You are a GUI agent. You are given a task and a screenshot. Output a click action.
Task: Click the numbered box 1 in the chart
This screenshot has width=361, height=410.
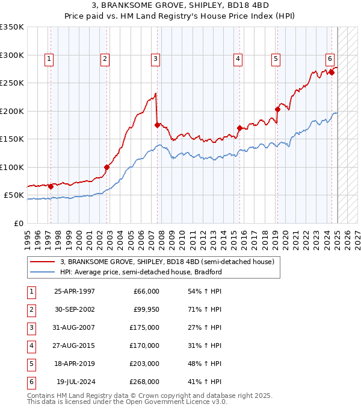49,58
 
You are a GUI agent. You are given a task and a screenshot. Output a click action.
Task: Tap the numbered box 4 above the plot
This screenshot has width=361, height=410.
238,58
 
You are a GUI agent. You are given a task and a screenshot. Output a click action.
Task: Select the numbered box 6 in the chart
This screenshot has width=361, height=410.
330,58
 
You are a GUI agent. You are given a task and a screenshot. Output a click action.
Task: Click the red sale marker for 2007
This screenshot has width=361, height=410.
158,125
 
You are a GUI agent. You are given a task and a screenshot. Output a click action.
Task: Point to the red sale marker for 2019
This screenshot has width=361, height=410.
277,110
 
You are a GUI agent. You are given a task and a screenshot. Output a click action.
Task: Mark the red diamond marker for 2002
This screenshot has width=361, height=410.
106,167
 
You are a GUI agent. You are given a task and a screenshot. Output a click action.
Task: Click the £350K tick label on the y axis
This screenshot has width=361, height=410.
12,27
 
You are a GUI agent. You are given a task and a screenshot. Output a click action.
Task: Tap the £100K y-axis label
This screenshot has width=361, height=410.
12,167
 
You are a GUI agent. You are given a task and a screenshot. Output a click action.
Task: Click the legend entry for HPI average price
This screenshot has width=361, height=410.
141,272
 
